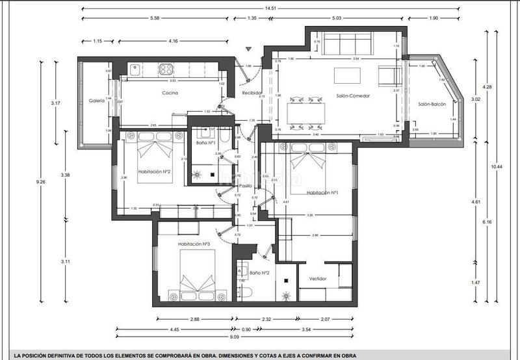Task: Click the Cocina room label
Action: tap(170, 93)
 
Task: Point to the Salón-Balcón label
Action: tap(432, 104)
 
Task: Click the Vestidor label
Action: tap(318, 278)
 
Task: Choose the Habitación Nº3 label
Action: tap(193, 244)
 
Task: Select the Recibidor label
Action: tap(253, 93)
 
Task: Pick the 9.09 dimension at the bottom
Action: tap(233, 337)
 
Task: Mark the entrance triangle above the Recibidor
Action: tap(248, 49)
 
